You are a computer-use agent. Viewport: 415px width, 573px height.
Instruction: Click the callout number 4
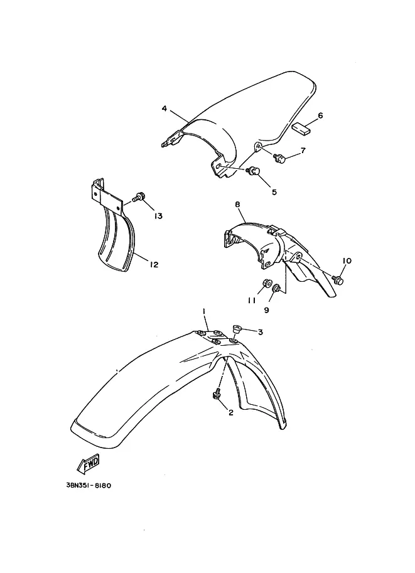pyautogui.click(x=164, y=109)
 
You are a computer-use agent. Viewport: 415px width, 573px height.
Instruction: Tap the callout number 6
pyautogui.click(x=320, y=116)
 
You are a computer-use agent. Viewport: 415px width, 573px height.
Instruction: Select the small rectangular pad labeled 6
pyautogui.click(x=301, y=128)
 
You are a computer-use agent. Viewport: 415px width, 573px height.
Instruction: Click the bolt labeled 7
pyautogui.click(x=279, y=158)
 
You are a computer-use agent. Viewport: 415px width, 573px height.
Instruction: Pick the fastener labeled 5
pyautogui.click(x=252, y=171)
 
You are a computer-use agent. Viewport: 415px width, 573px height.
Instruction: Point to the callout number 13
pyautogui.click(x=158, y=217)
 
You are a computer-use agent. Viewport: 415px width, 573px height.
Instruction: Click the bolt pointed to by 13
pyautogui.click(x=139, y=197)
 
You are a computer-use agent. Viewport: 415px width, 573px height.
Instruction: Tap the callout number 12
pyautogui.click(x=154, y=264)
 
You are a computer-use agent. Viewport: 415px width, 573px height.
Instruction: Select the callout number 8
pyautogui.click(x=238, y=205)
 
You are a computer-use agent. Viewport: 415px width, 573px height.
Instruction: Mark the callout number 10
pyautogui.click(x=347, y=260)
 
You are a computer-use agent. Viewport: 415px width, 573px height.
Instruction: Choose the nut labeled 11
pyautogui.click(x=266, y=283)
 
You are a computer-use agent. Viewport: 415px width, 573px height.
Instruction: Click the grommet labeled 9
pyautogui.click(x=278, y=287)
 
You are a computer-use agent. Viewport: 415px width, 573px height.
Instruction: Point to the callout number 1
pyautogui.click(x=204, y=311)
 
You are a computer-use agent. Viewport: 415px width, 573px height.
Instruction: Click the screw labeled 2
pyautogui.click(x=217, y=395)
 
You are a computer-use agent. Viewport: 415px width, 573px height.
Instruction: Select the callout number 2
pyautogui.click(x=230, y=412)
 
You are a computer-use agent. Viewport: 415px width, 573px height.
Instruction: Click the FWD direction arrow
pyautogui.click(x=88, y=463)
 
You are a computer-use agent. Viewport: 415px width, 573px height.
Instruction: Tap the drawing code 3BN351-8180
pyautogui.click(x=89, y=486)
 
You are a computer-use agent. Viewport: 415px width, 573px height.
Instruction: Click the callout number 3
pyautogui.click(x=261, y=332)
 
